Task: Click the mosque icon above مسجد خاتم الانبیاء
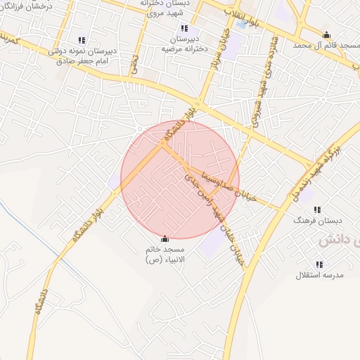click(165, 239)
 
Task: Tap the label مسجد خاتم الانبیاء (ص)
click(165, 255)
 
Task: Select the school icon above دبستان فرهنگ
click(318, 210)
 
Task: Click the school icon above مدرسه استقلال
click(319, 264)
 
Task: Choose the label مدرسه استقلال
click(319, 275)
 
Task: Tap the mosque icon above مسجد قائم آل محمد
click(326, 35)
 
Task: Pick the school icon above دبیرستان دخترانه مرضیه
click(184, 28)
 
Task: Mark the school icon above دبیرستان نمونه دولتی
click(82, 41)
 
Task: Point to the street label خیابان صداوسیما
click(221, 181)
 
